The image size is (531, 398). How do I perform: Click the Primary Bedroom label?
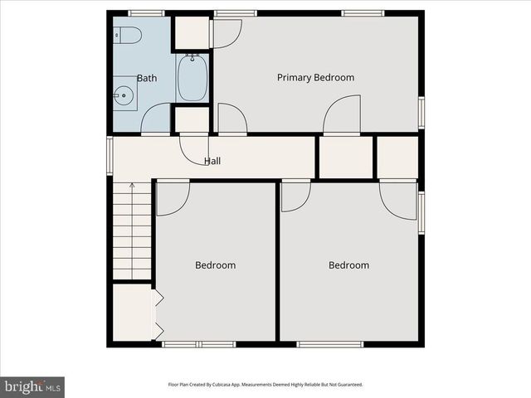(315, 78)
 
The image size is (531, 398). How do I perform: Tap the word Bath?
(147, 79)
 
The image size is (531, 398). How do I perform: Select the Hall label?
(212, 161)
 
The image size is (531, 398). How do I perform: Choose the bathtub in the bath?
(192, 76)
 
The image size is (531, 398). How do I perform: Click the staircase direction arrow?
(131, 187)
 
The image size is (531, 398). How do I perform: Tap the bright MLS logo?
(32, 386)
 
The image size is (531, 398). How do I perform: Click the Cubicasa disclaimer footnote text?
(265, 385)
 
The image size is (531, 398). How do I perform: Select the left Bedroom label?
(216, 265)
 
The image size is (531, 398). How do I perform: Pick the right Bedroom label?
(348, 265)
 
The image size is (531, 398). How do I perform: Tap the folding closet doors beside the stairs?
(156, 313)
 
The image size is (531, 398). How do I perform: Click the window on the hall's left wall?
(110, 156)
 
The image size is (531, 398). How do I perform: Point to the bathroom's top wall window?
(146, 12)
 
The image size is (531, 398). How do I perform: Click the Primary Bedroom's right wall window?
(421, 112)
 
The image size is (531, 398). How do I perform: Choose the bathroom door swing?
(156, 121)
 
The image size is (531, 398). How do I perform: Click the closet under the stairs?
(131, 313)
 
